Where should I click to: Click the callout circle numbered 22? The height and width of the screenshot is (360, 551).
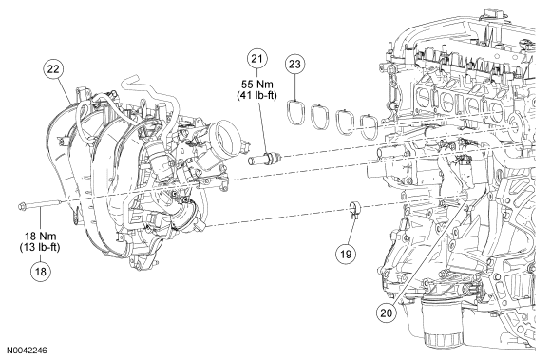54,69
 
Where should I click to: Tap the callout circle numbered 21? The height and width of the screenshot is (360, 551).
256,58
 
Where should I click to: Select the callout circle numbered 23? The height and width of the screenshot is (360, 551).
294,64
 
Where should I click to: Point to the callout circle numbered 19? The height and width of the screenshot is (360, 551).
346,254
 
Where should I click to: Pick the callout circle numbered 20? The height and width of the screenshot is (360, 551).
386,313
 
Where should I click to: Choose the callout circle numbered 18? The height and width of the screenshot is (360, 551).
41,272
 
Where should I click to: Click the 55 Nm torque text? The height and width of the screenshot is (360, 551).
256,85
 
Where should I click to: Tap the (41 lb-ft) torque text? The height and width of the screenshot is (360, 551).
256,95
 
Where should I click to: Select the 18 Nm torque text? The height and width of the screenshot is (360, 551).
41,236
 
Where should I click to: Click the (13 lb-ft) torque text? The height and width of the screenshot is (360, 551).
40,247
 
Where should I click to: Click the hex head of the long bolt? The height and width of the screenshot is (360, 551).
22,207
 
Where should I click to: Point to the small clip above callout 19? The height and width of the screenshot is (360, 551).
353,210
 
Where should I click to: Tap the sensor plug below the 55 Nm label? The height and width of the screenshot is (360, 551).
266,158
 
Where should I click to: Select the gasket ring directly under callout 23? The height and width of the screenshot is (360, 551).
294,112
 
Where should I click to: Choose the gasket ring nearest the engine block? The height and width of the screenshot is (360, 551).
370,126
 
